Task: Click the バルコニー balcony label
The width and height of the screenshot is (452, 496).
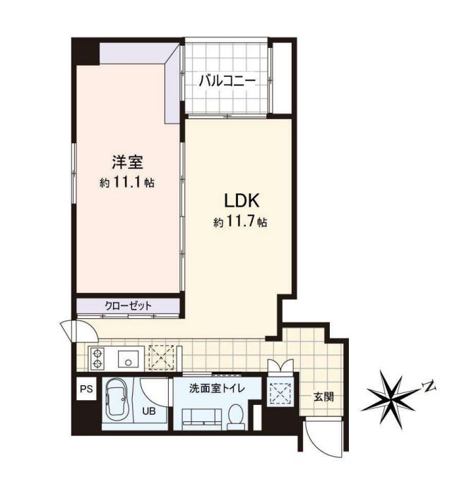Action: click(x=227, y=81)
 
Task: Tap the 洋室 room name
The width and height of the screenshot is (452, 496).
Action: click(x=128, y=162)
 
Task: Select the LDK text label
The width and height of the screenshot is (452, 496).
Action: click(x=242, y=200)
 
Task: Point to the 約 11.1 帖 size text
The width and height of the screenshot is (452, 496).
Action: click(x=127, y=183)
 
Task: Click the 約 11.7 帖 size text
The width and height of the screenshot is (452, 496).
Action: click(x=240, y=222)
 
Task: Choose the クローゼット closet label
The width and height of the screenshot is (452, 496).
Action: click(x=129, y=306)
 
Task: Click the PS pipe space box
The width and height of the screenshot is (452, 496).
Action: click(x=86, y=389)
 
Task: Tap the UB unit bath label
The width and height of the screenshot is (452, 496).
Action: click(x=148, y=411)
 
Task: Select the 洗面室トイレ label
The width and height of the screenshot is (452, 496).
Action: click(x=217, y=388)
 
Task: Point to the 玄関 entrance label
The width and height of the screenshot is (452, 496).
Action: click(x=323, y=397)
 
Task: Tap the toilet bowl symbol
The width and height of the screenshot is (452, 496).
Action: click(x=236, y=417)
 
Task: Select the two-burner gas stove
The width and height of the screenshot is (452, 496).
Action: click(x=97, y=358)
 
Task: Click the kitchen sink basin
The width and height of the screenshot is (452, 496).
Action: click(x=129, y=359)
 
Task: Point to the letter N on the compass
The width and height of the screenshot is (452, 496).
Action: click(x=429, y=386)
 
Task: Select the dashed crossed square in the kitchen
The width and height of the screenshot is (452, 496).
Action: click(x=161, y=358)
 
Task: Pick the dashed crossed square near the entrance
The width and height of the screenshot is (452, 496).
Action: click(x=280, y=393)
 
